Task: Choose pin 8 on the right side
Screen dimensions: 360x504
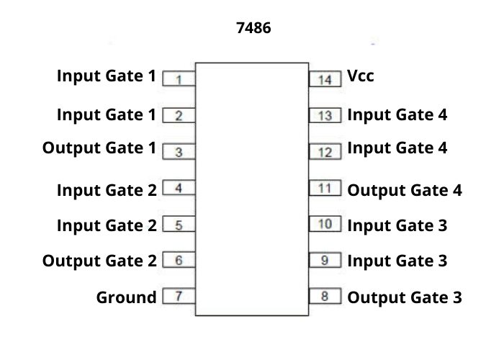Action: tap(325, 296)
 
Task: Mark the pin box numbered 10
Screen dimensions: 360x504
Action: tap(325, 224)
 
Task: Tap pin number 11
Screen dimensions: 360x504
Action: tap(325, 189)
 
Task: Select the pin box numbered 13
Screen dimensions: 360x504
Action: tap(325, 115)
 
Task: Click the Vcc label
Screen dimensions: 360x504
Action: tap(361, 75)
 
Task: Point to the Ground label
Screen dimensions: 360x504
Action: tap(126, 297)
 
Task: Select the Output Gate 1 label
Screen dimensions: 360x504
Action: tap(99, 148)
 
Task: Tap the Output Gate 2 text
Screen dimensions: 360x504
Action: tap(99, 260)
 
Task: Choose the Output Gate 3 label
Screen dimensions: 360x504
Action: tap(405, 297)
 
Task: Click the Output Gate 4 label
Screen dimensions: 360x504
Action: tap(405, 191)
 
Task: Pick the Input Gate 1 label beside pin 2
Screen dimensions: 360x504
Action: tap(107, 114)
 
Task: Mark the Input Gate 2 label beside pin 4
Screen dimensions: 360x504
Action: tap(107, 191)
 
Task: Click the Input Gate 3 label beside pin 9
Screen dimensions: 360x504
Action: tap(397, 260)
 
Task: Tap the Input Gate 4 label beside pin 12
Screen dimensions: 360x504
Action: tap(397, 148)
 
